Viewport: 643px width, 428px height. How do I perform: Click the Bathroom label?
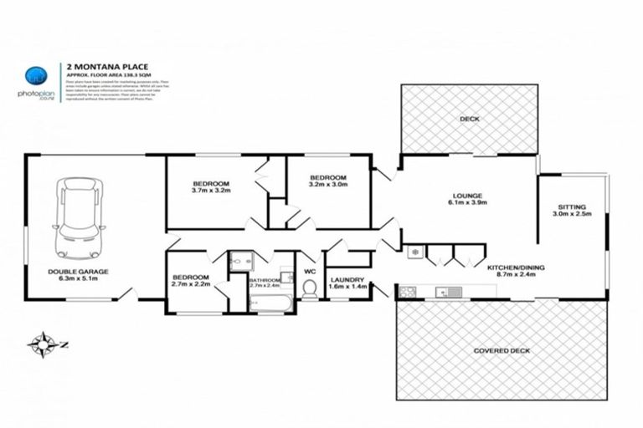265,278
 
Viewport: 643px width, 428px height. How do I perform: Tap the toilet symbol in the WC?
308,288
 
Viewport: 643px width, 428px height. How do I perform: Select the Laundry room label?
346,279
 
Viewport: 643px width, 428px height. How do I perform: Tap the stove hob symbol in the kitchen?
407,292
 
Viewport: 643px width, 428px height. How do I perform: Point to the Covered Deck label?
502,350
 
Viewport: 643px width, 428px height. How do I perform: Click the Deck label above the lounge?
469,120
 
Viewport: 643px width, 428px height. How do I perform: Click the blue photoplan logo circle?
34,74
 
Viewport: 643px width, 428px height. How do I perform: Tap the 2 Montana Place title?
96,64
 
